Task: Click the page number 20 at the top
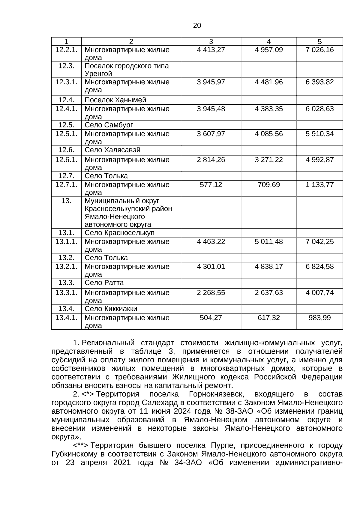197,26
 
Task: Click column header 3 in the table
211,42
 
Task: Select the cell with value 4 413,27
211,50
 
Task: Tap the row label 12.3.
66,66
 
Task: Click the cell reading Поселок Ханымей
115,100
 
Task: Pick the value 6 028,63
319,109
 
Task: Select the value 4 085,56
268,134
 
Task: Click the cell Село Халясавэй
112,150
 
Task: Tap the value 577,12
211,185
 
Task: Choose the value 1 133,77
319,185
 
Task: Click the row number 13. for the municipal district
66,201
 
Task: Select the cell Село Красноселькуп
119,233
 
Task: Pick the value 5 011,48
268,242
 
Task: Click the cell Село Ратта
104,283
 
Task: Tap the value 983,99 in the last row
319,318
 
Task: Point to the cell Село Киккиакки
111,309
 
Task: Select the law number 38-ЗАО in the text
238,411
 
